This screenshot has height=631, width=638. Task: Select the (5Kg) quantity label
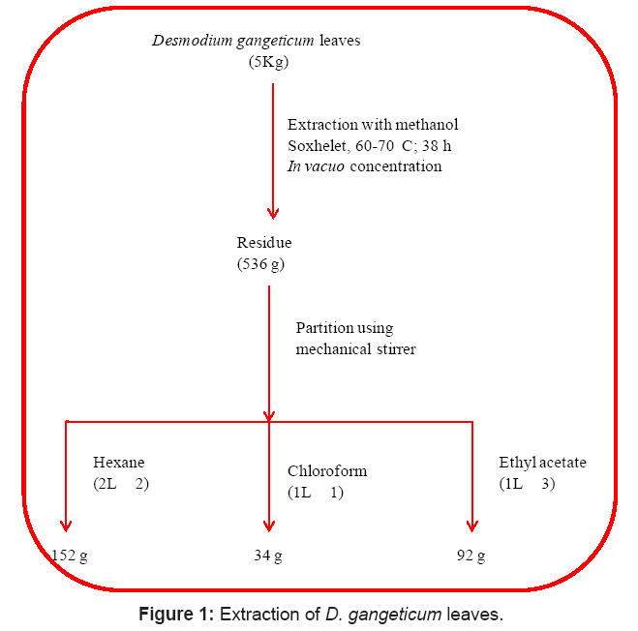(268, 62)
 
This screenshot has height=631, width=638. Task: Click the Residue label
(264, 243)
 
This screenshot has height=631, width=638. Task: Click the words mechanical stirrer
(355, 348)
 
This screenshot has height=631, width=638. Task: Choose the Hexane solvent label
(118, 463)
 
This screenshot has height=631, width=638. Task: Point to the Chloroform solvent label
(327, 471)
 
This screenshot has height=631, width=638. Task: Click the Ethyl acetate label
(542, 463)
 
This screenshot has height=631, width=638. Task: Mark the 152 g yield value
(70, 556)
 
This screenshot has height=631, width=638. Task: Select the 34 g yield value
(267, 556)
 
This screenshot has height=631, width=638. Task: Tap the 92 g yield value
(471, 556)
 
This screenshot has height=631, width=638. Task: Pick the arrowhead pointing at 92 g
(471, 525)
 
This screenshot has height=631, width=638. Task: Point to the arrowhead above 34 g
(268, 525)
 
